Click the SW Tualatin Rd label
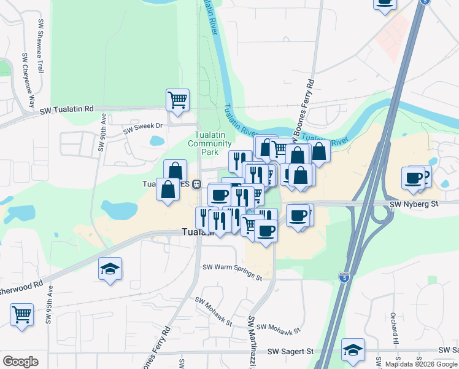(x=67, y=109)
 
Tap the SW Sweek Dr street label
(x=142, y=129)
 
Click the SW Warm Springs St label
(x=232, y=272)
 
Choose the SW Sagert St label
(x=290, y=351)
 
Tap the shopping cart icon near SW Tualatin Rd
(x=177, y=99)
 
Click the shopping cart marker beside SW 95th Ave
(x=21, y=314)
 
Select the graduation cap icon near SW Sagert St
(x=353, y=349)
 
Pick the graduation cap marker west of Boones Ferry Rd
(x=110, y=269)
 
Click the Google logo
(x=20, y=362)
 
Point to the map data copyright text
(x=421, y=364)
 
